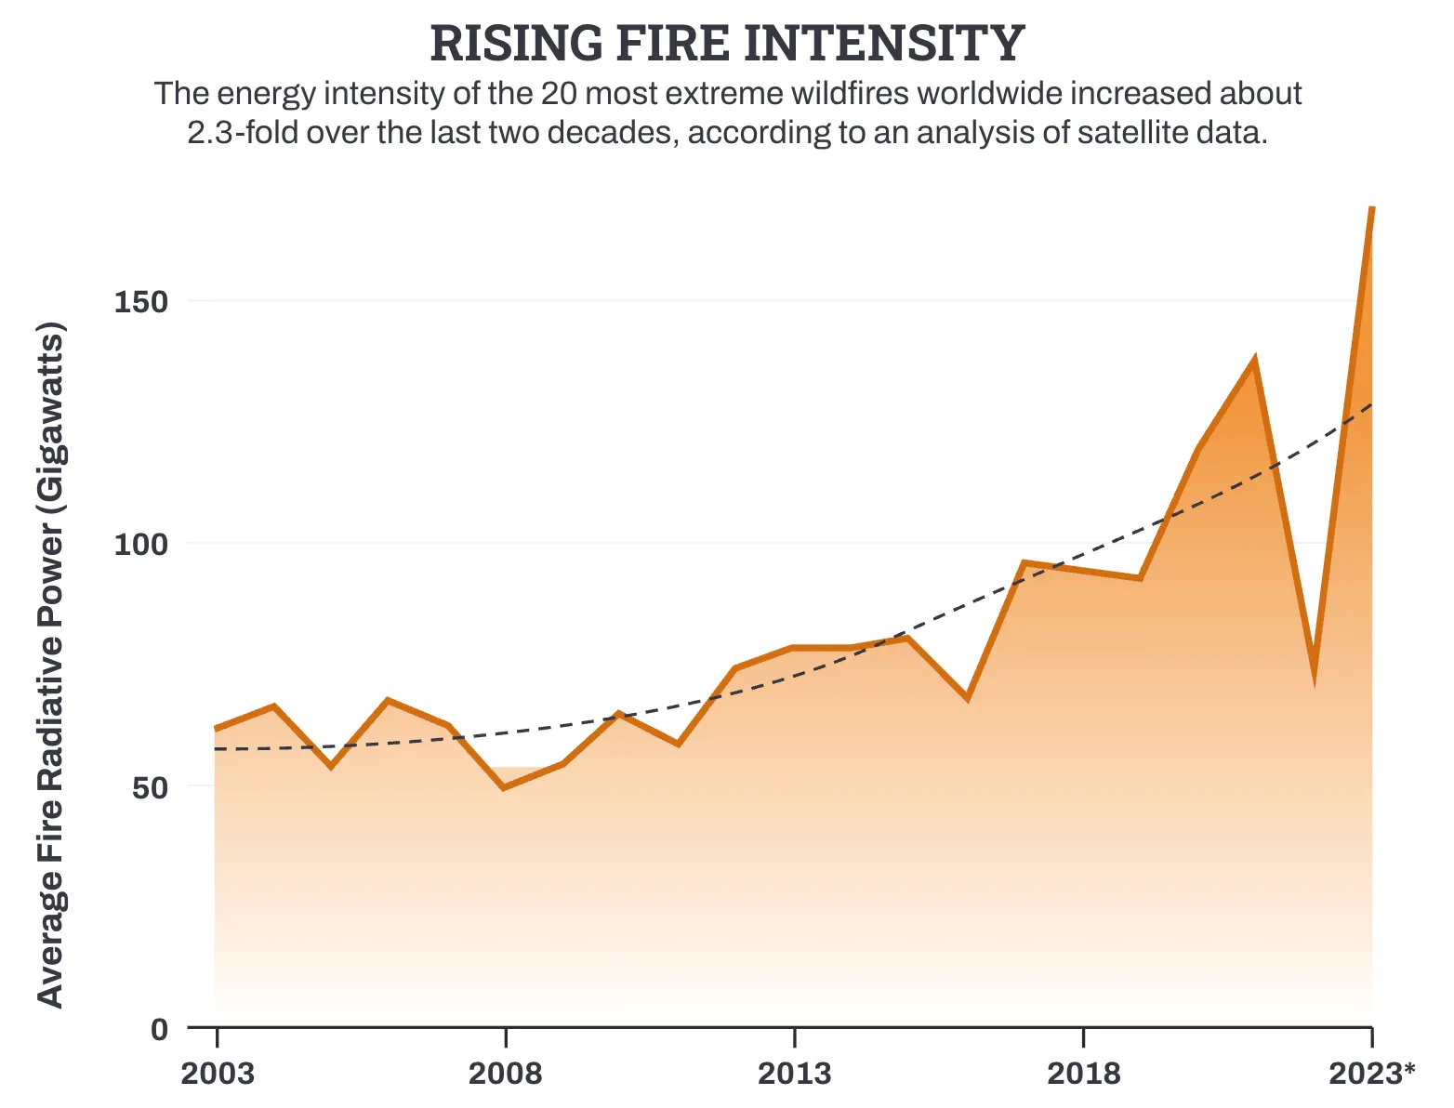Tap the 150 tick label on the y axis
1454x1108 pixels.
point(140,301)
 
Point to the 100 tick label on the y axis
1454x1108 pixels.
point(140,544)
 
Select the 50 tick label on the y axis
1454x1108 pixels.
point(150,787)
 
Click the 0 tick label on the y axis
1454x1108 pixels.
point(160,1029)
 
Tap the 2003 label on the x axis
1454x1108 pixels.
point(217,1074)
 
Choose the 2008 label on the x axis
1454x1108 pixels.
point(505,1074)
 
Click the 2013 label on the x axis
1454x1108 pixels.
point(794,1074)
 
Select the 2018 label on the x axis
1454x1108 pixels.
point(1083,1074)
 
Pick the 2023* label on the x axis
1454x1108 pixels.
point(1371,1074)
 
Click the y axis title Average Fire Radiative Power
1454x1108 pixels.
point(50,665)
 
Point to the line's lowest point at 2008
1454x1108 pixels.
point(504,788)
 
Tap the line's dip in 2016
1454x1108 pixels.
point(967,698)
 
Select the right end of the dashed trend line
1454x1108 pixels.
point(1371,404)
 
